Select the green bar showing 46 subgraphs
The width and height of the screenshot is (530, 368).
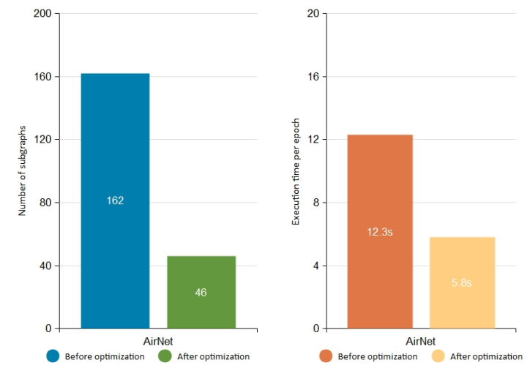[x=201, y=307]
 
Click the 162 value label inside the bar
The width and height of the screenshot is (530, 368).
[x=115, y=200]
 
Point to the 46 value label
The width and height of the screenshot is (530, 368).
[x=201, y=293]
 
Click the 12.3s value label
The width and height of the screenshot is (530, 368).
[x=380, y=232]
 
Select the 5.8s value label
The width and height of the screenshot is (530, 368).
[x=462, y=282]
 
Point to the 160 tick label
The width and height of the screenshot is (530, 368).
[x=43, y=77]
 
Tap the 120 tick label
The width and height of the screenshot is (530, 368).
[x=43, y=140]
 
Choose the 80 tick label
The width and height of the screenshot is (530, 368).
[x=46, y=203]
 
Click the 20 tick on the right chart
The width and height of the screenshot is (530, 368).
[x=313, y=14]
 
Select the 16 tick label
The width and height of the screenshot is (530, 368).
[x=313, y=77]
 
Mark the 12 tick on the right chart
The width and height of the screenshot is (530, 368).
[x=313, y=140]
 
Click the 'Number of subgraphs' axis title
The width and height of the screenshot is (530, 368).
[x=22, y=170]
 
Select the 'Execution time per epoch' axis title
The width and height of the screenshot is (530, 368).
[x=296, y=170]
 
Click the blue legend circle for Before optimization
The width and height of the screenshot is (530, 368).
[x=53, y=356]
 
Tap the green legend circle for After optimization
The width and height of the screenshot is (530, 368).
[x=164, y=356]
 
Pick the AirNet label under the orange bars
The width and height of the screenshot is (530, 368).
[x=420, y=341]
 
